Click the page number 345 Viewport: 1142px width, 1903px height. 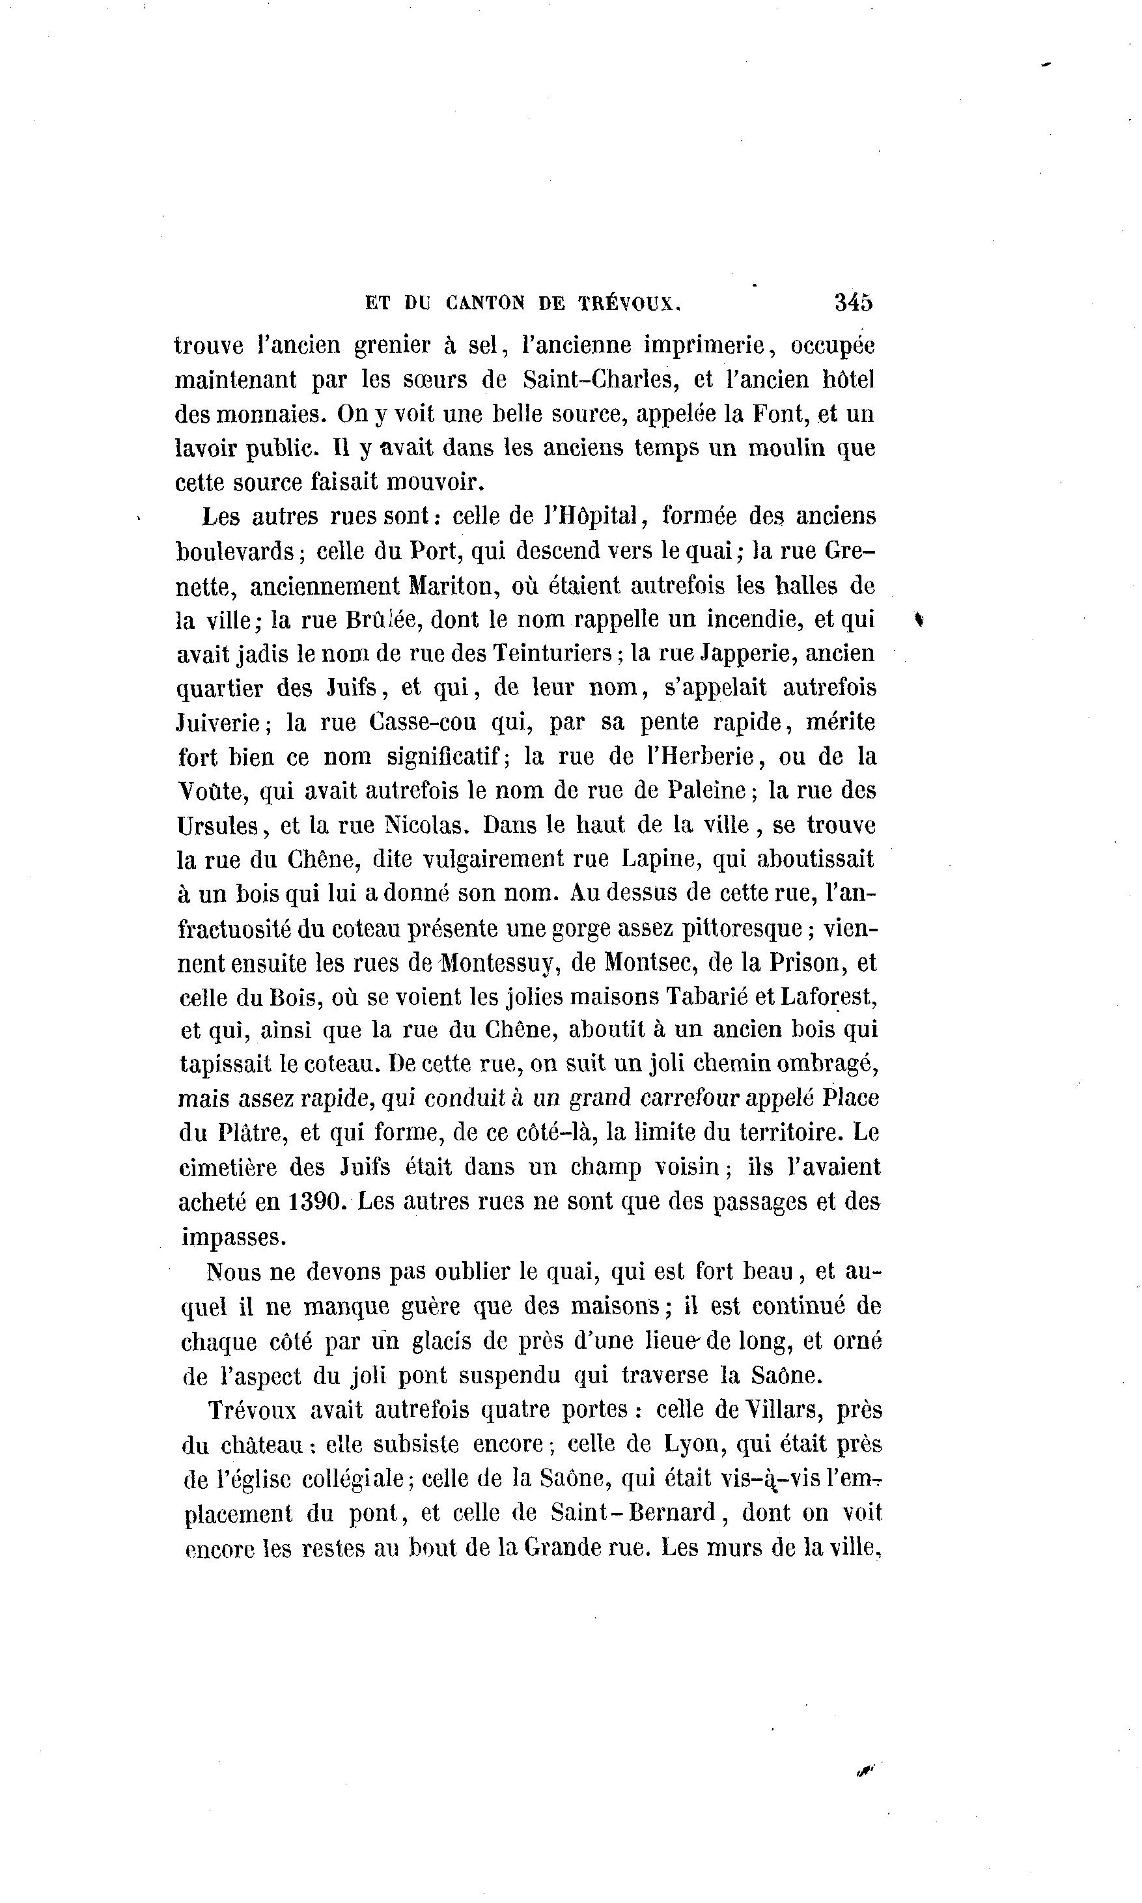(854, 302)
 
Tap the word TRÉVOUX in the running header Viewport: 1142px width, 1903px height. (629, 304)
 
